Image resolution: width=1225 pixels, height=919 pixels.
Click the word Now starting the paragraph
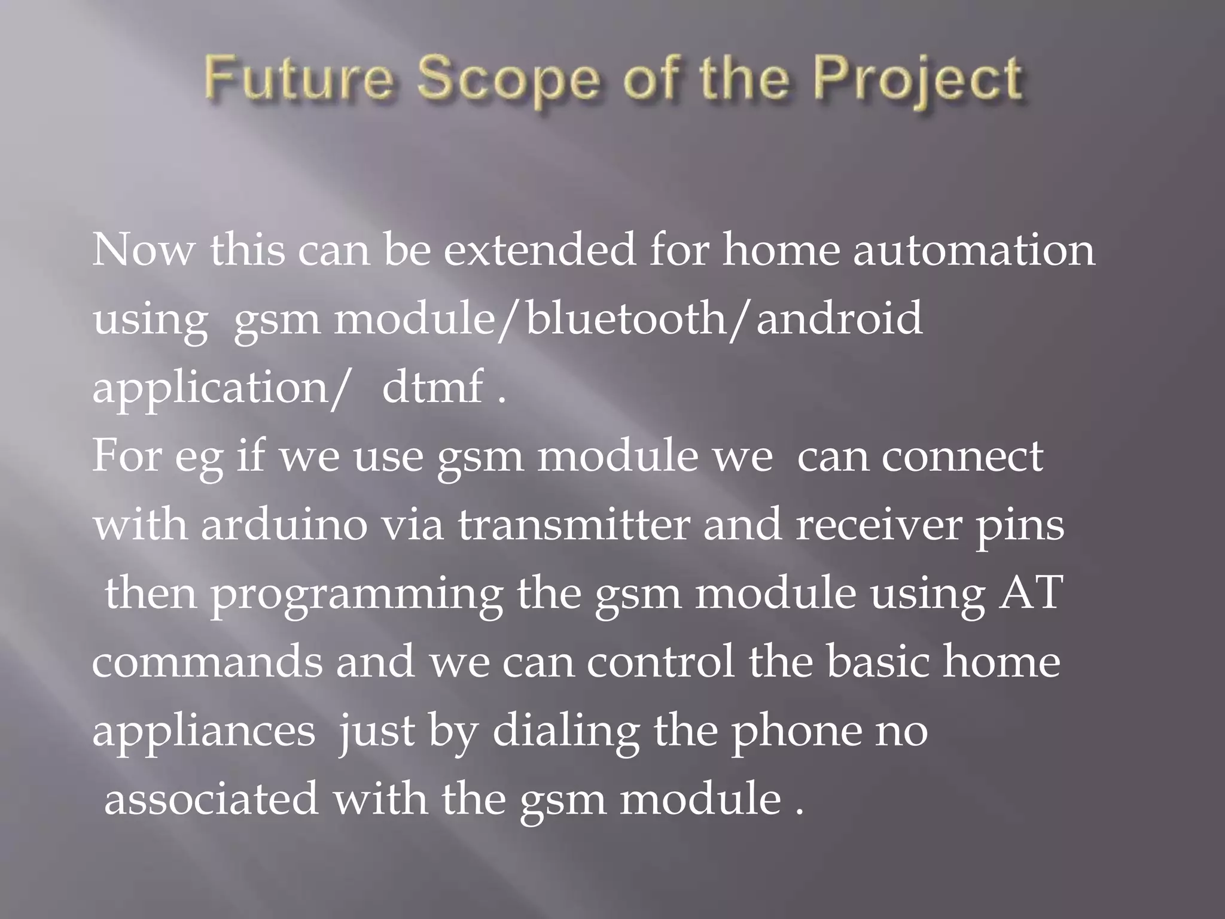143,250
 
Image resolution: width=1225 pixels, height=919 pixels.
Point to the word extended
540,250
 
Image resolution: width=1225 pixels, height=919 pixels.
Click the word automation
974,250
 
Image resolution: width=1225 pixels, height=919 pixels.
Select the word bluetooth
625,318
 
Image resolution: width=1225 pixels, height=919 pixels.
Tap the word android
839,318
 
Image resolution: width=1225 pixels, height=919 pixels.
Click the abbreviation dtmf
432,387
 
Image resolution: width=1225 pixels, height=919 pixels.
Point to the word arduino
284,525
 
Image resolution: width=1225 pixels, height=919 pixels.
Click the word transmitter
574,525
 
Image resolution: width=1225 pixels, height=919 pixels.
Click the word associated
211,799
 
